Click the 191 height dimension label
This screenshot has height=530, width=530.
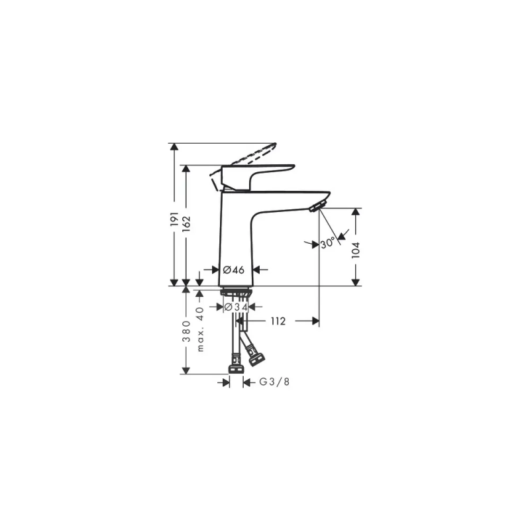click(x=174, y=219)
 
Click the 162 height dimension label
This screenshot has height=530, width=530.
click(x=186, y=224)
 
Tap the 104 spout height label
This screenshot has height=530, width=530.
click(x=356, y=250)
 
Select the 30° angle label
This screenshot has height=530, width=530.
click(x=327, y=242)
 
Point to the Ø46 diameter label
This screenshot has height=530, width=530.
click(x=234, y=270)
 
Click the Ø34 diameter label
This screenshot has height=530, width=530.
click(x=236, y=307)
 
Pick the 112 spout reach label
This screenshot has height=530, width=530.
click(x=278, y=321)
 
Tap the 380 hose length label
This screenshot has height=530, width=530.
click(x=186, y=331)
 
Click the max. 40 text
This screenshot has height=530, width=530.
click(x=201, y=329)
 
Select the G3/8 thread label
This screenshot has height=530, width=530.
click(x=274, y=382)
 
